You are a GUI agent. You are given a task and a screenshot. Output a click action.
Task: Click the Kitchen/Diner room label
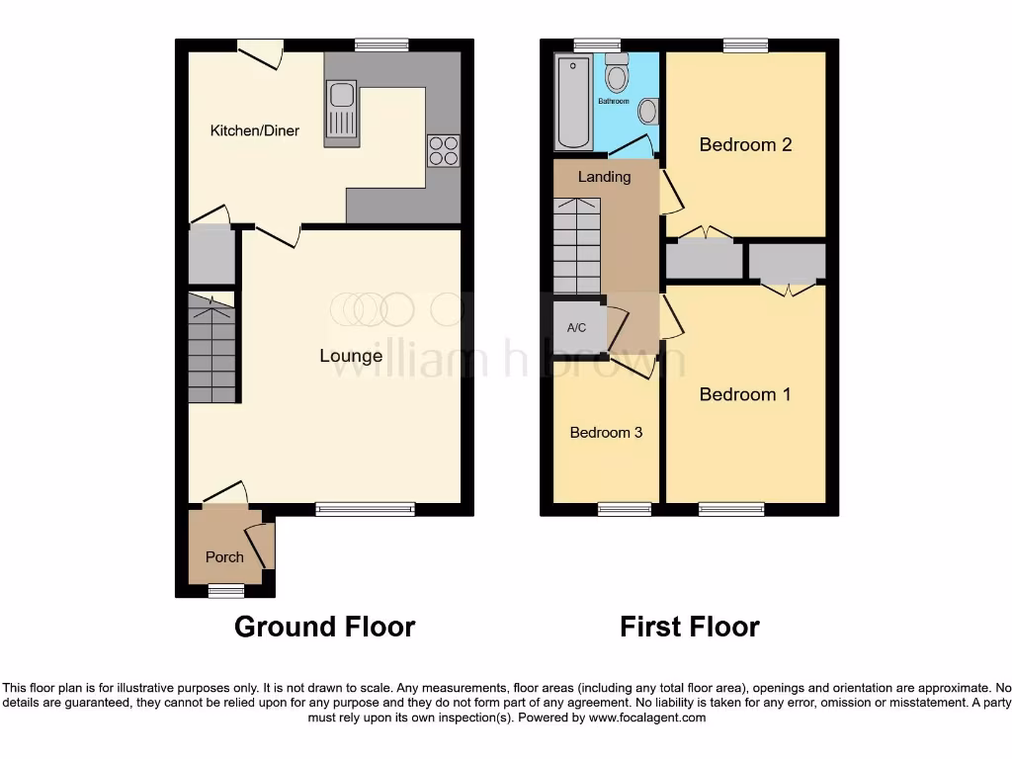point(254,130)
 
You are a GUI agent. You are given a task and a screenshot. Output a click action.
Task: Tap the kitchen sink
point(341,109)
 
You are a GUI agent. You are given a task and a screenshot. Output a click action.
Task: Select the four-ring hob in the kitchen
point(443,149)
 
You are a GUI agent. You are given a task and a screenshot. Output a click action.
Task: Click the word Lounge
point(351,356)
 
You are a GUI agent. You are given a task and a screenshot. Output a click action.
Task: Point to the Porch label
point(224,556)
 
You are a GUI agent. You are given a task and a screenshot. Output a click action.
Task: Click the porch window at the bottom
point(225,590)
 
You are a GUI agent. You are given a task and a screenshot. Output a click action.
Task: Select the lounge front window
point(365,509)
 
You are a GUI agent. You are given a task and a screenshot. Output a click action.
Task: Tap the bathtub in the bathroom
point(571,103)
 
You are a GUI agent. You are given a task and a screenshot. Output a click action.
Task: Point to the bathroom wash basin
point(648,112)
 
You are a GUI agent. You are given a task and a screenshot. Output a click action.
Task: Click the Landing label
point(604,177)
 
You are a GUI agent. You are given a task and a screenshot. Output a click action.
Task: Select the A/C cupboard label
point(577,329)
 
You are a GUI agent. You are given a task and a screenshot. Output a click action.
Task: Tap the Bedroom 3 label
point(605,433)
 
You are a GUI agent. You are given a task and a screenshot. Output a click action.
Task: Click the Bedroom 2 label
point(745,144)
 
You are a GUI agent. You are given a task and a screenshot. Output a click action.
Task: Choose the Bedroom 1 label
point(745,394)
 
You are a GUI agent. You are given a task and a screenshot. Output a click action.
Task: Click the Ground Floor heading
point(324,627)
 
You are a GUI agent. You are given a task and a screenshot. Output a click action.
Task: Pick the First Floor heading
point(689,627)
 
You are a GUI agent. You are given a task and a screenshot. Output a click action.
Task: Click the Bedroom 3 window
point(625,509)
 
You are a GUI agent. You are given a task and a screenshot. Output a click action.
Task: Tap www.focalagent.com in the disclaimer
point(646,717)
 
